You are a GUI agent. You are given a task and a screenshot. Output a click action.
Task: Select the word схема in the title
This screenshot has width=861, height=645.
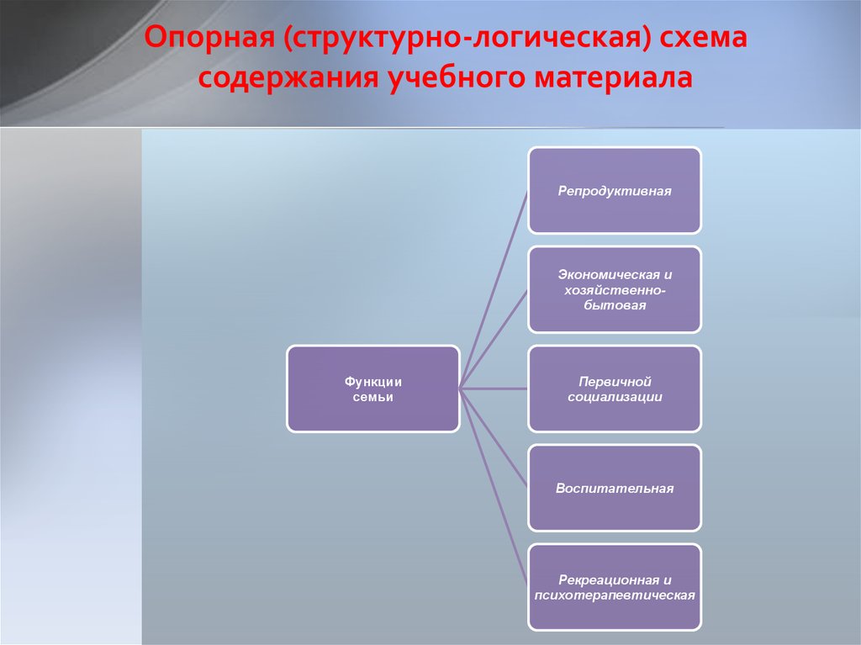click(x=703, y=37)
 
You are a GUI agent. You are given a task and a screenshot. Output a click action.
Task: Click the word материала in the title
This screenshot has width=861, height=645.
click(x=613, y=77)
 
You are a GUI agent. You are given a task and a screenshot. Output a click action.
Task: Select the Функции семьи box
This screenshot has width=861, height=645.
click(x=373, y=389)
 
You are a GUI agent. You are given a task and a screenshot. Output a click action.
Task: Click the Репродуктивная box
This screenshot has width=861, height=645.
click(x=615, y=191)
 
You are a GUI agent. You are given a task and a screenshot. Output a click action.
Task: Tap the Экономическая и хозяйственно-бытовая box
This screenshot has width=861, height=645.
click(x=615, y=289)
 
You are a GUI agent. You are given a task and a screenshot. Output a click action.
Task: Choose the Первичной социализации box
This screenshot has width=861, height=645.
click(x=615, y=389)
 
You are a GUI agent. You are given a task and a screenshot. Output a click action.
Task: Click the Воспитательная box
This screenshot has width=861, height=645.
click(x=615, y=488)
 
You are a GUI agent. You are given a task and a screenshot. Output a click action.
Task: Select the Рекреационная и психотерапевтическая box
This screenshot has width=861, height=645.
click(x=615, y=587)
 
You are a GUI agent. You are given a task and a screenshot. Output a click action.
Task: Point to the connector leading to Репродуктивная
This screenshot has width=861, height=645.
click(x=494, y=289)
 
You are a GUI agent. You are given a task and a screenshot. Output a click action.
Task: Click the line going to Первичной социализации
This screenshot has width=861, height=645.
click(x=494, y=389)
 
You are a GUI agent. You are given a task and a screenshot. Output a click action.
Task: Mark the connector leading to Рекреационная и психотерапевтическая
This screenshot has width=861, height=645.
click(x=494, y=488)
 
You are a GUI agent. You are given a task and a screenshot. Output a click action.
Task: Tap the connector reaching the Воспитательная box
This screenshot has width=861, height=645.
click(x=494, y=438)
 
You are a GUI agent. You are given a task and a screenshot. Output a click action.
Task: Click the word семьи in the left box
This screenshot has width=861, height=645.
click(x=372, y=397)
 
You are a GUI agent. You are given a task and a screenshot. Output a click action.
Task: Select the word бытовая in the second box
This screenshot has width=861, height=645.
click(x=615, y=305)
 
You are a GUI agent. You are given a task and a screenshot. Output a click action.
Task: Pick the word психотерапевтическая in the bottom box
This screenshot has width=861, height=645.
click(x=615, y=595)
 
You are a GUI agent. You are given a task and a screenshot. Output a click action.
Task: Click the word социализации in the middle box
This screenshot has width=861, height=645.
click(x=615, y=397)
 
